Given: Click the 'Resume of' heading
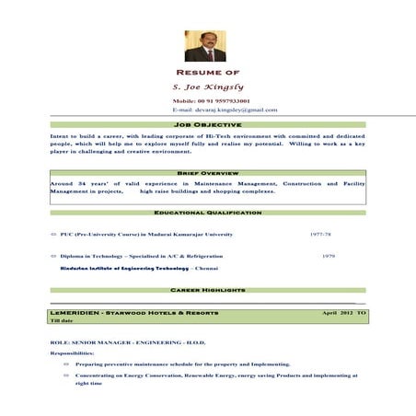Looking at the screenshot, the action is (x=207, y=72).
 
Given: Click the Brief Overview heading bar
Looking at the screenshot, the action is (x=207, y=173).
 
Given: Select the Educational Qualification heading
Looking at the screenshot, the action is (x=207, y=213).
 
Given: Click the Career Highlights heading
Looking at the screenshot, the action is (x=207, y=290).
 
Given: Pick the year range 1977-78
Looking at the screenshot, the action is (x=322, y=235).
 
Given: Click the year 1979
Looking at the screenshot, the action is (x=329, y=255).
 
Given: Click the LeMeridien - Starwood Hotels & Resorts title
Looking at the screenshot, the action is (x=134, y=313).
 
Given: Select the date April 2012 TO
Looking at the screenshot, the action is (x=344, y=313).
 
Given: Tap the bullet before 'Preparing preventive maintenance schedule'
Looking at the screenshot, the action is (x=65, y=364).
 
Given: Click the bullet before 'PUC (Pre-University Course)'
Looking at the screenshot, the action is (x=53, y=235).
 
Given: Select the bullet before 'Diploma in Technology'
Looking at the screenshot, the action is (x=53, y=255).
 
